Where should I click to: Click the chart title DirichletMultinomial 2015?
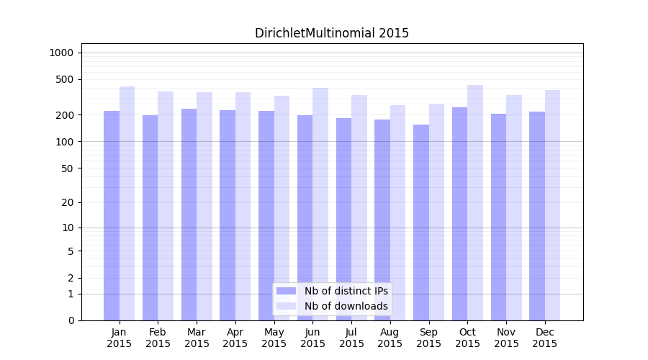point(331,33)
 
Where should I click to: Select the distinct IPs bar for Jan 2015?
point(112,216)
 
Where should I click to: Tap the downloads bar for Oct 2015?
point(475,203)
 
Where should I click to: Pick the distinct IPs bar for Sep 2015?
point(421,222)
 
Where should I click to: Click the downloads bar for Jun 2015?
point(320,204)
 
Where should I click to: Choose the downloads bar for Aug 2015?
point(398,213)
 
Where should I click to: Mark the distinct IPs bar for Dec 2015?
point(537,216)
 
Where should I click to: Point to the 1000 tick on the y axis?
point(61,53)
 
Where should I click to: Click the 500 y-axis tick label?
point(65,79)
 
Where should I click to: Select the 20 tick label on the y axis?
point(67,202)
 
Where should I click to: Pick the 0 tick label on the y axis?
point(70,320)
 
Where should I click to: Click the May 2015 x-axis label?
point(274,338)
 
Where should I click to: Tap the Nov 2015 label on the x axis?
point(506,338)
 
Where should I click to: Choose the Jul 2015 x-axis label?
point(351,338)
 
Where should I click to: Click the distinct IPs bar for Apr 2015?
point(228,215)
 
